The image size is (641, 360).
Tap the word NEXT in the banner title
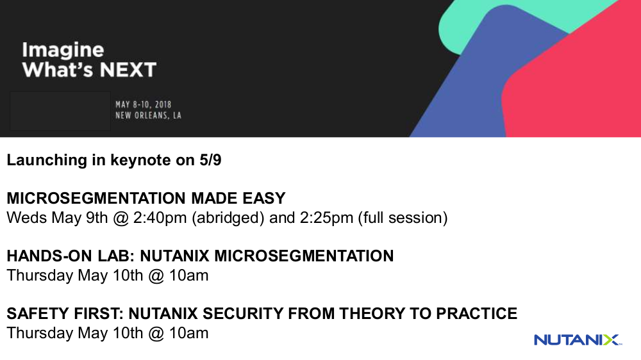click(128, 70)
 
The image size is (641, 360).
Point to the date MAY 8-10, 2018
click(143, 104)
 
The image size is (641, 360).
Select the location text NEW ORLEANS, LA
click(148, 116)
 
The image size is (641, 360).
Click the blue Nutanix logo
click(578, 340)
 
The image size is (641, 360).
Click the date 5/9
click(210, 160)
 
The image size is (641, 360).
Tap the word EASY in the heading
click(263, 199)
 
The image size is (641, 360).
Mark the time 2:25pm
click(327, 218)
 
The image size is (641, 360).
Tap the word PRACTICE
click(477, 314)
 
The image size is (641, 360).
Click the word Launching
click(47, 160)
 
